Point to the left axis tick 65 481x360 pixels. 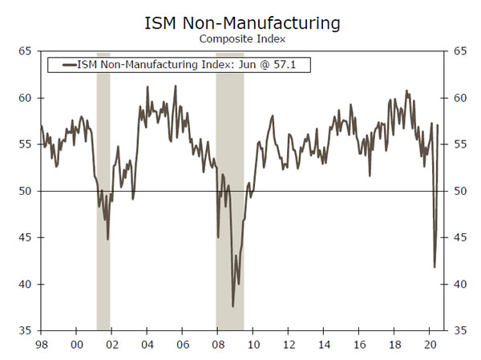click(x=25, y=51)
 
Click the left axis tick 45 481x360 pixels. click(x=25, y=237)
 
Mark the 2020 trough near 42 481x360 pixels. click(x=435, y=267)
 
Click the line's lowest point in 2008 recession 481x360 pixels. click(x=233, y=306)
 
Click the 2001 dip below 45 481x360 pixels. click(x=107, y=239)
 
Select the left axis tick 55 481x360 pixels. click(x=25, y=144)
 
